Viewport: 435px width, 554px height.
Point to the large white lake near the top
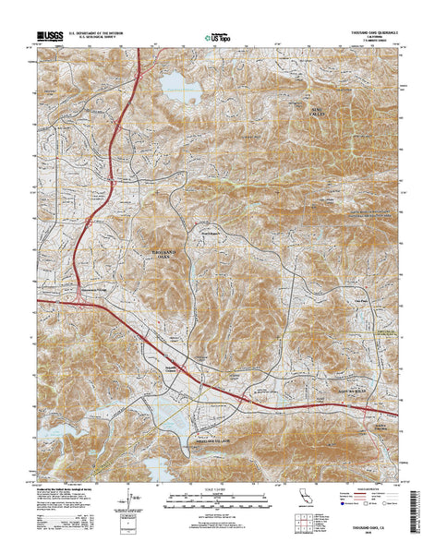point(182,88)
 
